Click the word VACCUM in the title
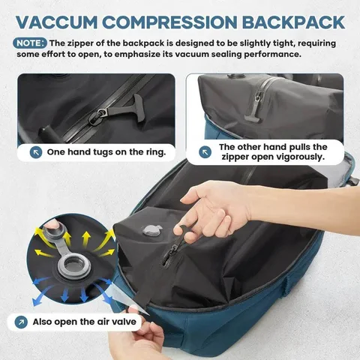point(56,22)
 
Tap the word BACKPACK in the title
point(293,22)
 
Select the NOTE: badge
point(30,43)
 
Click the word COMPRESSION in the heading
point(169,22)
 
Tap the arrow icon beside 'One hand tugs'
point(36,152)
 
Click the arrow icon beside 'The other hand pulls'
point(205,152)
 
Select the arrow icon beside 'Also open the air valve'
point(21,322)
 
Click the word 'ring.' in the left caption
point(156,151)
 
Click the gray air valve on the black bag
point(152,230)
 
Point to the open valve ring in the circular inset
point(74,265)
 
